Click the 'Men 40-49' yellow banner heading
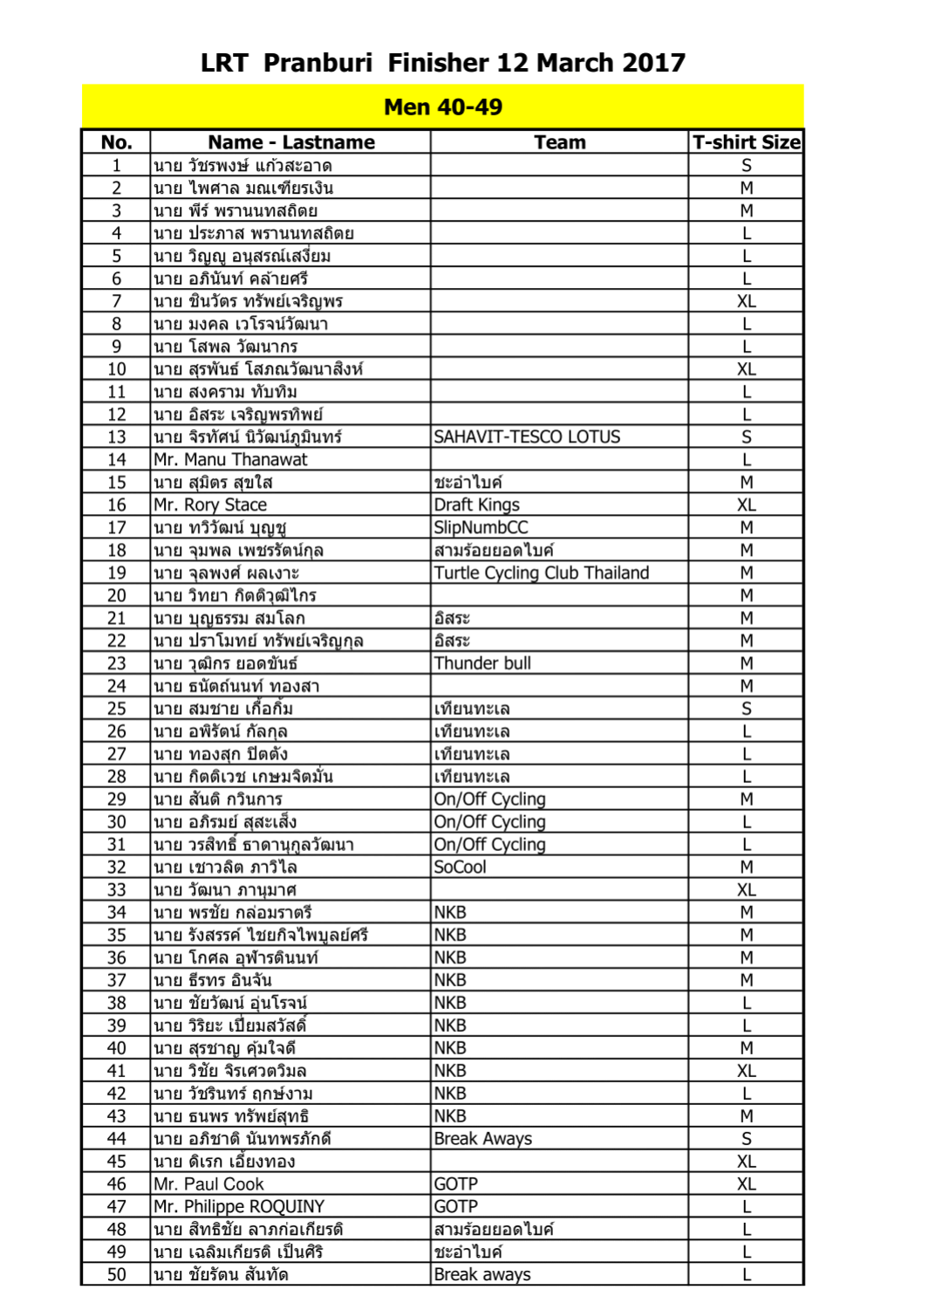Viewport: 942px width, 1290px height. click(443, 107)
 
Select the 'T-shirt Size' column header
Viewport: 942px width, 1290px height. click(746, 142)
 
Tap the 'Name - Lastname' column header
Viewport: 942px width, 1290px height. click(290, 142)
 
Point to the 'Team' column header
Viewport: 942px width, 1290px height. click(559, 142)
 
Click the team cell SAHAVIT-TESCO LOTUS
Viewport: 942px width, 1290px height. click(527, 437)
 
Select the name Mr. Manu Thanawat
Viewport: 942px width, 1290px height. click(230, 460)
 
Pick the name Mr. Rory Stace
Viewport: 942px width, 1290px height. click(210, 505)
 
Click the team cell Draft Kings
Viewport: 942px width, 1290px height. click(476, 505)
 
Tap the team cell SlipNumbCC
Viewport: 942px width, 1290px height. click(481, 528)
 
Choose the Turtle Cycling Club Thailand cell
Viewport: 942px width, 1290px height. click(541, 573)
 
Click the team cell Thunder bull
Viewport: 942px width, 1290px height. click(482, 663)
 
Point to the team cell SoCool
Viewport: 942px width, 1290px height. click(460, 868)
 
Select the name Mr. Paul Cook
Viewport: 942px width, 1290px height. click(208, 1184)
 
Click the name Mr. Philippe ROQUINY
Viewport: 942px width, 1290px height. click(239, 1207)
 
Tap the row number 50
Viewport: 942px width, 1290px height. click(117, 1275)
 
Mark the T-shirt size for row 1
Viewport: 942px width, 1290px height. click(746, 166)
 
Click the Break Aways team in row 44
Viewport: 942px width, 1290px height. click(482, 1139)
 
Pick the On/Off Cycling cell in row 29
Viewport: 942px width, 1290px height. click(489, 799)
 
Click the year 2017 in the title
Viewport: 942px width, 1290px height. click(654, 63)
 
